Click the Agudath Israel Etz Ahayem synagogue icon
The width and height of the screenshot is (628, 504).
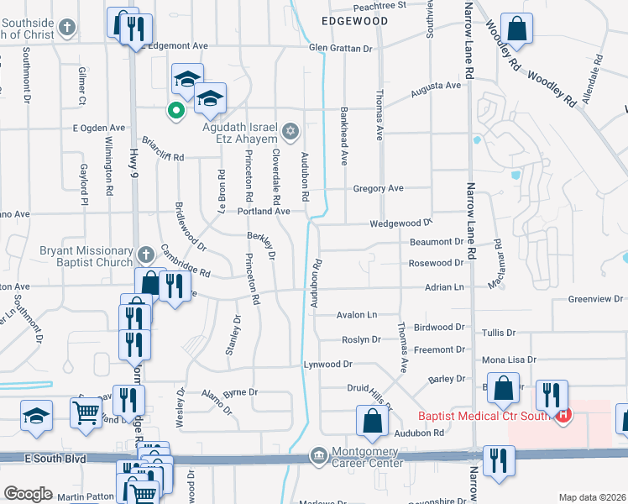[291, 130]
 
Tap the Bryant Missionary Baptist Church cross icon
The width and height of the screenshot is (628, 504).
[145, 254]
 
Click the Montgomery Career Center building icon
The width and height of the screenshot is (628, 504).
[317, 454]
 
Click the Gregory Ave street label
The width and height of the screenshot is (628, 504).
[379, 189]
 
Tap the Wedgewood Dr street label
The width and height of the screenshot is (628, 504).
[400, 224]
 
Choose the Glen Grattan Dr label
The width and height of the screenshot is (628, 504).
[340, 49]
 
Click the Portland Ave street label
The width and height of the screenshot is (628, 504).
[264, 212]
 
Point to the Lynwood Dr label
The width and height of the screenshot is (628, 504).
[327, 365]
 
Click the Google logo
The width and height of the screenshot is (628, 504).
[29, 494]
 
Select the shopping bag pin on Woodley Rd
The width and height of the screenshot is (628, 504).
[517, 28]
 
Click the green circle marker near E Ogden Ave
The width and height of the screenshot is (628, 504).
[176, 109]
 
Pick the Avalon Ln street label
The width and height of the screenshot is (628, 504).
[357, 315]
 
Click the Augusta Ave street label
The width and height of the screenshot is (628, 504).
[436, 86]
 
